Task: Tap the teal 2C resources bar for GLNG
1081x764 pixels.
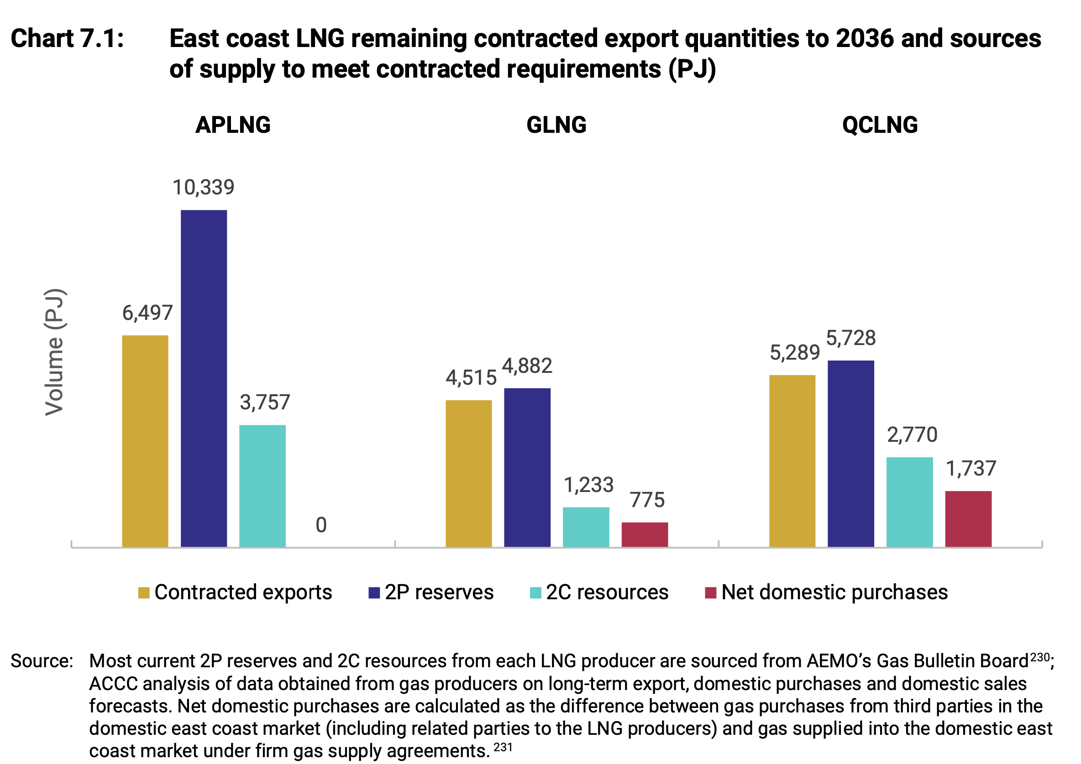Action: point(586,527)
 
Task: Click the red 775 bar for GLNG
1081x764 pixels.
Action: point(645,534)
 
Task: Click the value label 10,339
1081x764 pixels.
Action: point(204,188)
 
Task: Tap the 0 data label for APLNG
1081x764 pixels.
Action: point(321,525)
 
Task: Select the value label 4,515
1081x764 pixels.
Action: point(471,377)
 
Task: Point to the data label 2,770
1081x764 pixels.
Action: point(912,434)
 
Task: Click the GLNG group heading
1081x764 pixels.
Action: point(556,125)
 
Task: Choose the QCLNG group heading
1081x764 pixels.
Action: point(880,125)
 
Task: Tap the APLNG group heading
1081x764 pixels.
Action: point(233,125)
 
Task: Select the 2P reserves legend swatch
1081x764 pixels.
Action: point(374,593)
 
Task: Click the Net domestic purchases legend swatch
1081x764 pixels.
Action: point(710,593)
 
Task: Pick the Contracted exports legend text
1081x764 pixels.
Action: point(243,592)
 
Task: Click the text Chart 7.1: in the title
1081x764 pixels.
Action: point(67,39)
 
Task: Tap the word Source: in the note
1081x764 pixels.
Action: point(42,661)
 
